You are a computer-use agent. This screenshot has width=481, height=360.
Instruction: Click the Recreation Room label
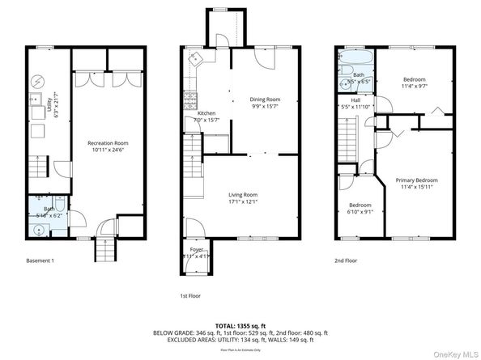click(x=108, y=143)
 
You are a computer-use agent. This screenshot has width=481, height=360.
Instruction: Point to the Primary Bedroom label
click(x=416, y=180)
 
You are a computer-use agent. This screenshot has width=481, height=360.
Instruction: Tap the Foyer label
click(x=197, y=249)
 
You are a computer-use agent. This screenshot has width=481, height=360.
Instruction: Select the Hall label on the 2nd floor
click(x=355, y=100)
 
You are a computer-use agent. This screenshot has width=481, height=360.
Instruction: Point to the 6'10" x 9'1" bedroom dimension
click(x=360, y=212)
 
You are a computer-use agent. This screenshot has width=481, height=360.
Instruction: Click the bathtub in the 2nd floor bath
click(x=353, y=61)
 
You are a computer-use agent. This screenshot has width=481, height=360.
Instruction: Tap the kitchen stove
click(x=192, y=101)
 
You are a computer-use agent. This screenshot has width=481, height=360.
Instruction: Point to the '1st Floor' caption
click(x=190, y=296)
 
